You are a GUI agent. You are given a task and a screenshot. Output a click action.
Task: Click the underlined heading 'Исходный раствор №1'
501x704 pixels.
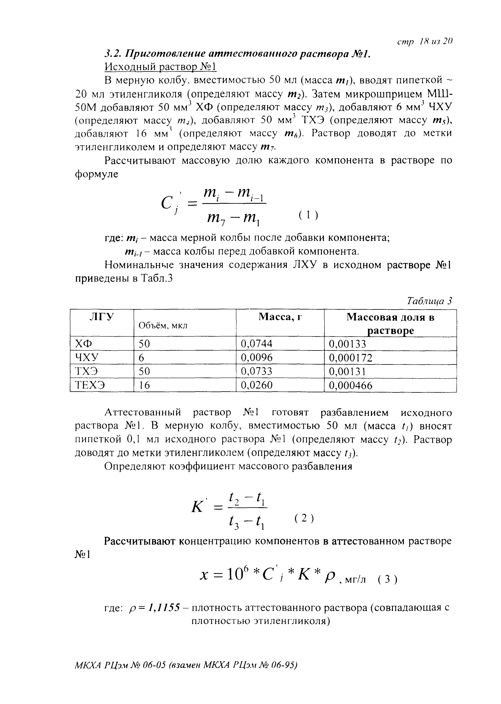tap(161, 67)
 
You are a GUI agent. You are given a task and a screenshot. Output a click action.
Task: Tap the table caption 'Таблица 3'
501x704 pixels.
tap(429, 301)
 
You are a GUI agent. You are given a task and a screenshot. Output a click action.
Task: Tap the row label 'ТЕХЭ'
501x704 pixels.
tap(90, 385)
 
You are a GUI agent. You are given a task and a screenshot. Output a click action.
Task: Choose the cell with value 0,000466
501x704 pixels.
tap(351, 385)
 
